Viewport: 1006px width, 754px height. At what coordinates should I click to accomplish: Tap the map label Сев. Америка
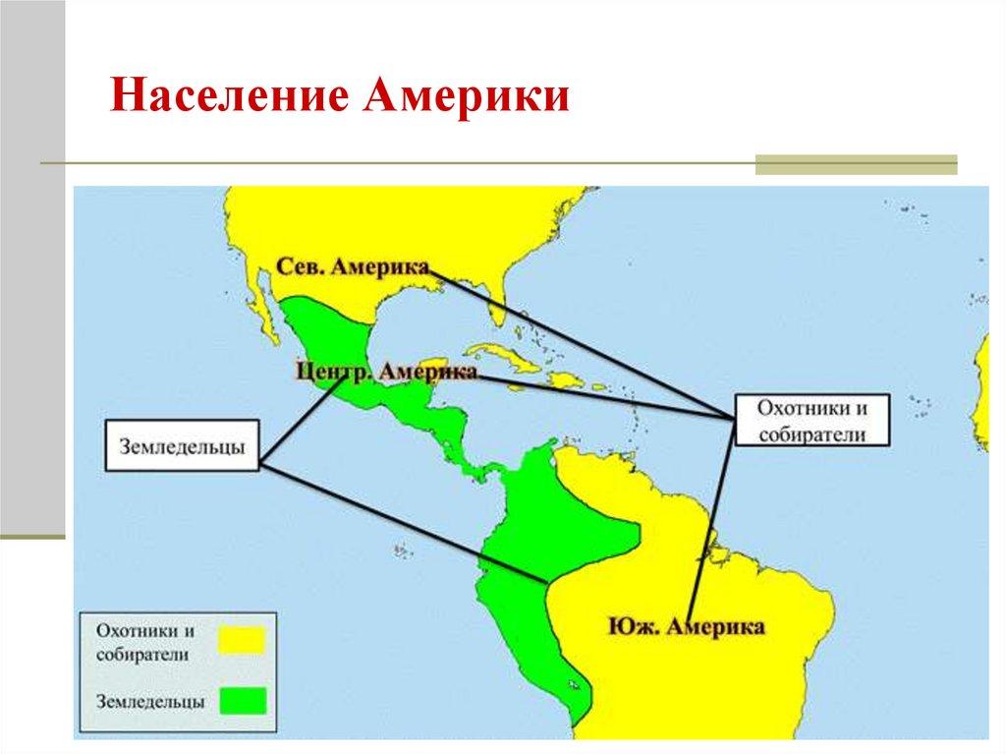[x=353, y=268]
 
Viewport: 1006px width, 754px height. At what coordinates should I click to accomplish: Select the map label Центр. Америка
[x=386, y=371]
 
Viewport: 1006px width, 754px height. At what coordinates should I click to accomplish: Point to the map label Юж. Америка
[x=686, y=626]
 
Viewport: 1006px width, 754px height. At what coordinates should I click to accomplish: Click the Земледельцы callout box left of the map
[x=183, y=446]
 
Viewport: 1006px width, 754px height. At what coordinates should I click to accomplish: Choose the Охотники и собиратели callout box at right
[x=811, y=421]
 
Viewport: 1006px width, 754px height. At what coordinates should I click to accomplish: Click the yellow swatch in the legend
[x=242, y=640]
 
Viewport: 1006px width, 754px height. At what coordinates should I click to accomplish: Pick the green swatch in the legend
[x=242, y=700]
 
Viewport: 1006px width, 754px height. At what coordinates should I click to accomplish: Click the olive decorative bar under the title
[x=855, y=164]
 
